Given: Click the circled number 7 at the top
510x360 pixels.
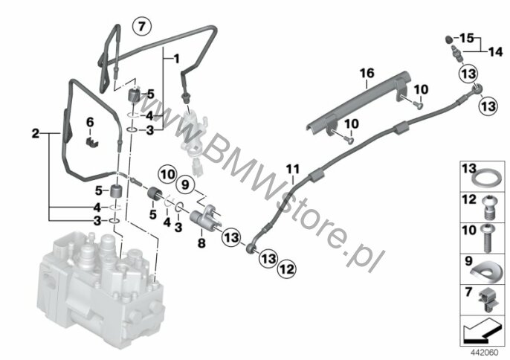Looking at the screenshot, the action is (142, 26).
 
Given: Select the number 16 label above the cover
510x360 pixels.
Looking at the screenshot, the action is (367, 74).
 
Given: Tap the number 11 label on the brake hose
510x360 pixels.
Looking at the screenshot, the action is (293, 170).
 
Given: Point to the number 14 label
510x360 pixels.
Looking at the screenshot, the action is (495, 52).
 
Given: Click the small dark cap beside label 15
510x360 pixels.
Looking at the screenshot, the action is (448, 39).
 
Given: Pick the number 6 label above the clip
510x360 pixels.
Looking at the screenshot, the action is (90, 123).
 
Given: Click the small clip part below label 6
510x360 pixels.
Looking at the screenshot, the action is (92, 142).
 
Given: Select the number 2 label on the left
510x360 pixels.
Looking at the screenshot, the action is (36, 133).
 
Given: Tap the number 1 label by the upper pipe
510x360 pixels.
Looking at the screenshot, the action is (176, 60).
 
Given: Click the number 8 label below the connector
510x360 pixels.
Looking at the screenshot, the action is (201, 242).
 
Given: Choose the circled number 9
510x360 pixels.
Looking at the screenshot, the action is (185, 185).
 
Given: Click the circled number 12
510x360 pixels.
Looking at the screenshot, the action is (287, 269).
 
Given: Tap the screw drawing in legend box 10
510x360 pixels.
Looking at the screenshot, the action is (487, 239).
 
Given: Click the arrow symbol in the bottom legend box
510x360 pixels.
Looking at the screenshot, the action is (481, 330).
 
